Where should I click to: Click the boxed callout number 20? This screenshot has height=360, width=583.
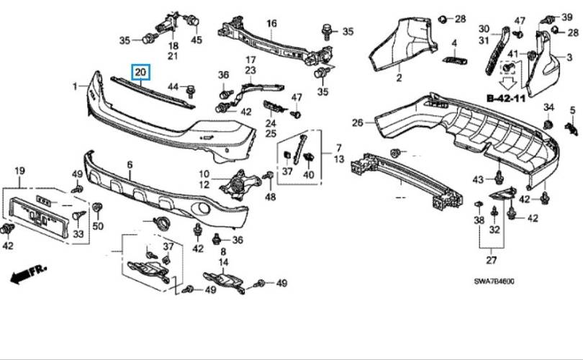pyautogui.click(x=140, y=72)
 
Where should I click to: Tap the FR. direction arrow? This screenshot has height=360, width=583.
pyautogui.click(x=28, y=274)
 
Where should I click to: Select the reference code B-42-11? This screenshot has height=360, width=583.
pyautogui.click(x=506, y=99)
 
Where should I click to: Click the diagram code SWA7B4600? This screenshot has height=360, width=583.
pyautogui.click(x=494, y=281)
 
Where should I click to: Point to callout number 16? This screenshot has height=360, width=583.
pyautogui.click(x=272, y=24)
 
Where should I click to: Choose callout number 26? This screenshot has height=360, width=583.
pyautogui.click(x=357, y=122)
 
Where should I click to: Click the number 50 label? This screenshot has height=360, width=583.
pyautogui.click(x=98, y=225)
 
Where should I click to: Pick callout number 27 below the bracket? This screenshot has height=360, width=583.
pyautogui.click(x=492, y=260)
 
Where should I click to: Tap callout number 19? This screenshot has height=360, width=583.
pyautogui.click(x=19, y=171)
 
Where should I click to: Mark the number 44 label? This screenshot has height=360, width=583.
pyautogui.click(x=173, y=86)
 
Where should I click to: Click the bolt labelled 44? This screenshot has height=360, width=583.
pyautogui.click(x=191, y=91)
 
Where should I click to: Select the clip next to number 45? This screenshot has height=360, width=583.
pyautogui.click(x=192, y=19)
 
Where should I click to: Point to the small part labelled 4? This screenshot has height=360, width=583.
pyautogui.click(x=455, y=60)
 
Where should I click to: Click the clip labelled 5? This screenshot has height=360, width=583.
pyautogui.click(x=571, y=128)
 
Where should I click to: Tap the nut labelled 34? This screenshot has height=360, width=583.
pyautogui.click(x=548, y=125)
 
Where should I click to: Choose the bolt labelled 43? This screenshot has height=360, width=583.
pyautogui.click(x=499, y=178)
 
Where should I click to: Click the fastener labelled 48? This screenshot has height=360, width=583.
pyautogui.click(x=268, y=175)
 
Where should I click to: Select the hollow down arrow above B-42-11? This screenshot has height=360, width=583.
pyautogui.click(x=508, y=83)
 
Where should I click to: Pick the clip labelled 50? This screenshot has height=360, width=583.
pyautogui.click(x=97, y=208)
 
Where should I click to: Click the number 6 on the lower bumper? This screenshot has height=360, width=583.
pyautogui.click(x=130, y=164)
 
